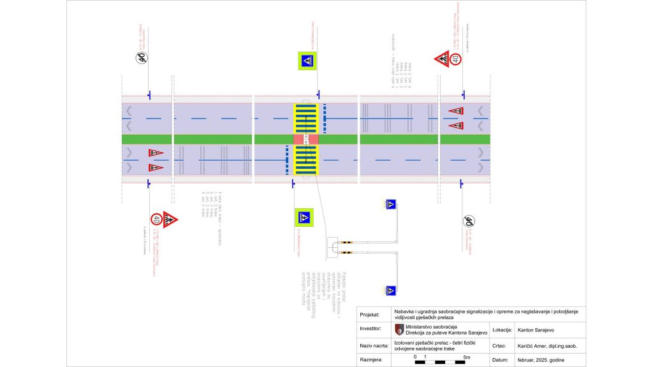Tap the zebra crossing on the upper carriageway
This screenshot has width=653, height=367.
pos(305,118)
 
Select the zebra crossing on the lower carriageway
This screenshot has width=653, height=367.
pos(305,160)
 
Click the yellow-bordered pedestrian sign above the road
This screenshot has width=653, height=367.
pos(305,61)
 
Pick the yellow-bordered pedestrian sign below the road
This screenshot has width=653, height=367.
pos(304,218)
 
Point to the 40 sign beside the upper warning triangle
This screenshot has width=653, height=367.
pos(455,60)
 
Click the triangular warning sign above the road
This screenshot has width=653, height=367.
pos(442,60)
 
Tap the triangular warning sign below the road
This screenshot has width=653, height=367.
pos(170,220)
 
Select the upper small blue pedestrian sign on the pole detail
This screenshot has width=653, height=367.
pos(390,205)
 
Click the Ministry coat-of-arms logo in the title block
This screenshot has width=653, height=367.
pos(399,329)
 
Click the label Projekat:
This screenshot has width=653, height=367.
pos(371,314)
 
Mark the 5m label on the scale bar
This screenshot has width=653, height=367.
pos(467,357)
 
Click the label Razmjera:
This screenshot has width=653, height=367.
pos(372,360)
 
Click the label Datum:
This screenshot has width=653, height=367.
pos(501,360)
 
